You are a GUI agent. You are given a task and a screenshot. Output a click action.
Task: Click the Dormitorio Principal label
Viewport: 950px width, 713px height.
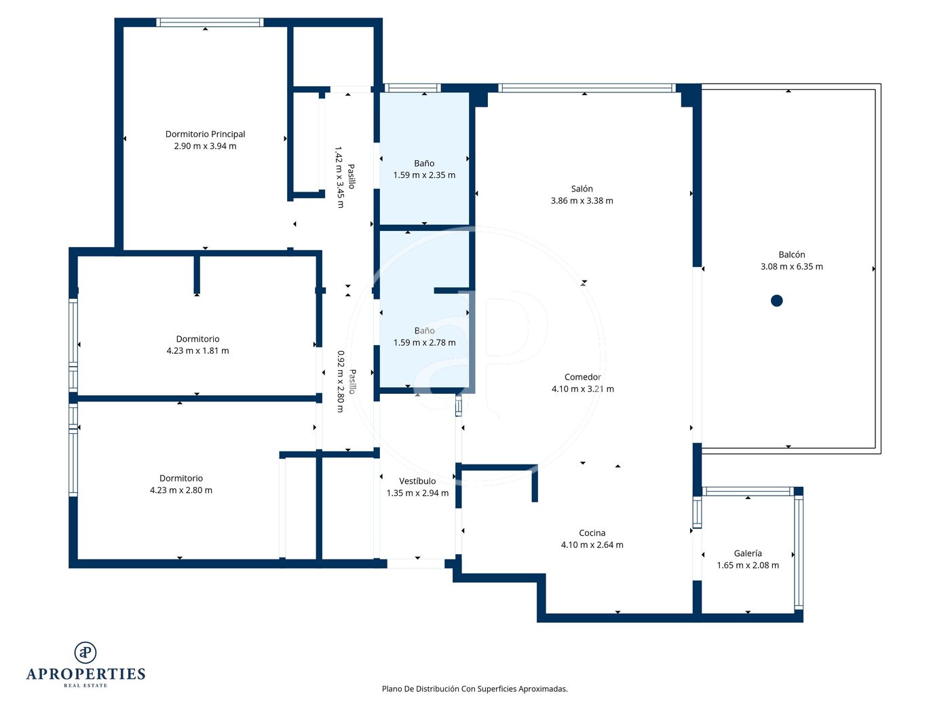coord(205,134)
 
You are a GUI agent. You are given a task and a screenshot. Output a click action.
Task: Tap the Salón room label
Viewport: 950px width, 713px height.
coord(582,189)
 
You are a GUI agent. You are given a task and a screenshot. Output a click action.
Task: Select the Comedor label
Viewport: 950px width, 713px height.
coord(582,377)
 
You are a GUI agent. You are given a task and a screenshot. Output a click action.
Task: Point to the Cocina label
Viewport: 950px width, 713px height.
coord(592,533)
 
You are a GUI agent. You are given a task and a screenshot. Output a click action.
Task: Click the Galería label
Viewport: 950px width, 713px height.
coord(748,553)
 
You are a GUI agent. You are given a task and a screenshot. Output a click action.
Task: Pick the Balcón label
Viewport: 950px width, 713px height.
coord(792,255)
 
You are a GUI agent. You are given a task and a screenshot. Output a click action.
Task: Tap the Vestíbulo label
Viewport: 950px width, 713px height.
coord(417,481)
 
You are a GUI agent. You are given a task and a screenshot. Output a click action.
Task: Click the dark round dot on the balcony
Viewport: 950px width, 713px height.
coord(777,300)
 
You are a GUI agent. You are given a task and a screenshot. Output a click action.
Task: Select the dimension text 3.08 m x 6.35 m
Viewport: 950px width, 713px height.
coord(792,267)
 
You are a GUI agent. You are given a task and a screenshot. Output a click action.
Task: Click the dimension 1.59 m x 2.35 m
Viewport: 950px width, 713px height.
coord(424,175)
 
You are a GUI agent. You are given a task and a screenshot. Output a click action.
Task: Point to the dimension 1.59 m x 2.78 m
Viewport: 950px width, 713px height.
coord(424,343)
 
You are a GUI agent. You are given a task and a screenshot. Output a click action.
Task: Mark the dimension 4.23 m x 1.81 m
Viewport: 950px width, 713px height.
coord(197,351)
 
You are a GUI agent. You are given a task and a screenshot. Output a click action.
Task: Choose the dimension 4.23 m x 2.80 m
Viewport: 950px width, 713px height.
coord(181,490)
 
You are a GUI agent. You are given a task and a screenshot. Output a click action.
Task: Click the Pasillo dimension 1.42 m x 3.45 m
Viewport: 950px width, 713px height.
coord(340,177)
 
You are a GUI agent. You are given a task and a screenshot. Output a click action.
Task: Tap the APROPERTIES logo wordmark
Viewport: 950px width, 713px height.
coord(85,674)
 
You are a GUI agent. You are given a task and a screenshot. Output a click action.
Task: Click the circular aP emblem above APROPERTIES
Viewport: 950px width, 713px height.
coord(85,653)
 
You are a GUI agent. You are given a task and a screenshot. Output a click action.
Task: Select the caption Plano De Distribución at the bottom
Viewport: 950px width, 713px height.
coord(420,689)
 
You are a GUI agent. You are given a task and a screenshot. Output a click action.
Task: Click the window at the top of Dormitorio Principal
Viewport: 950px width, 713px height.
coord(210,22)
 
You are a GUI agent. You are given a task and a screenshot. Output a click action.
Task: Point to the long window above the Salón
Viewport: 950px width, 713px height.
coord(586,88)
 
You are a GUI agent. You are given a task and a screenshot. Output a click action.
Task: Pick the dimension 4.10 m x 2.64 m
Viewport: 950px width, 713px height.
coord(592,545)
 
